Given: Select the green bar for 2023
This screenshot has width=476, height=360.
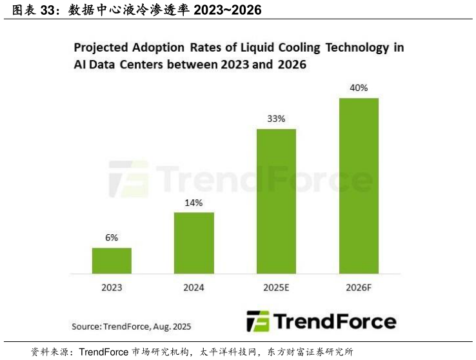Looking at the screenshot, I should point(112,261).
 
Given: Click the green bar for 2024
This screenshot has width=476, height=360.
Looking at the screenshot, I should point(193,243).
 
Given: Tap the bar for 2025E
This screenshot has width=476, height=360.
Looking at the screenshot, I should point(276,201).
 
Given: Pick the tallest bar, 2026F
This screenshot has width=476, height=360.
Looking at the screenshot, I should point(359,186).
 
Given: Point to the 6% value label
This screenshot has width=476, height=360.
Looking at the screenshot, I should point(112,237).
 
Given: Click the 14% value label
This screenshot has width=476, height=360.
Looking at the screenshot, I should point(193,203).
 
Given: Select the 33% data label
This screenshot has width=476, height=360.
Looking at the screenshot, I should point(276,119).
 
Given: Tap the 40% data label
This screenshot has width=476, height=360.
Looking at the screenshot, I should point(359,88).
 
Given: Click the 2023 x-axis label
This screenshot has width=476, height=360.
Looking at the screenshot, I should point(112,287).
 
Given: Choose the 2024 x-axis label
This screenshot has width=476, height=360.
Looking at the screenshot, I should point(193,287).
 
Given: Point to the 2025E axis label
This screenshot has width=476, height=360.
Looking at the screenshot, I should point(276,287).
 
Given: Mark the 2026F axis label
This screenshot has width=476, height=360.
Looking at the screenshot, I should point(359,287).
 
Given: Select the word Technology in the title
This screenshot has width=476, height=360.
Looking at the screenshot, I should point(355,48).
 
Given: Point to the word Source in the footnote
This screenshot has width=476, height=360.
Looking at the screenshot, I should point(86,326).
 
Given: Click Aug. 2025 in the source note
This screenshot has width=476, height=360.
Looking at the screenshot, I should point(172,326).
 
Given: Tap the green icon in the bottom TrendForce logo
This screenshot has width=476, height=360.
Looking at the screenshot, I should point(258,321).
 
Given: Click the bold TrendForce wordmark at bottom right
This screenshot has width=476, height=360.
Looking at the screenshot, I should point(335,321).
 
